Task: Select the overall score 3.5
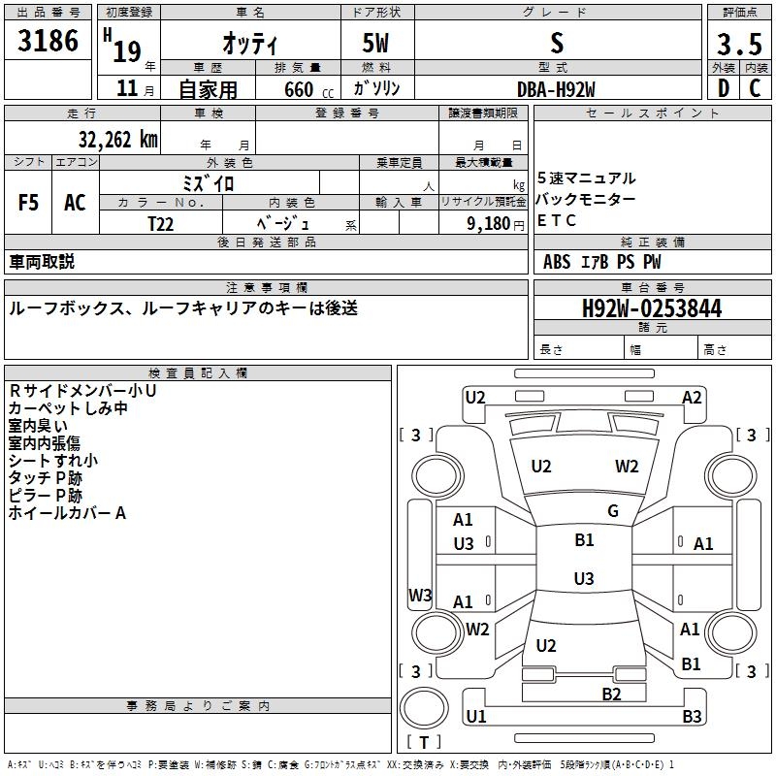737,44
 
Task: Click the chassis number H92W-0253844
652,308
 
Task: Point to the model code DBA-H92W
556,88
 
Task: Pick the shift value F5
29,203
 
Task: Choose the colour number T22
161,223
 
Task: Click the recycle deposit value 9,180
490,223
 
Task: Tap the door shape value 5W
377,44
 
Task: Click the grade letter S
556,44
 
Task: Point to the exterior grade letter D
723,88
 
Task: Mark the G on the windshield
612,511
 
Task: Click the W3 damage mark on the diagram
420,595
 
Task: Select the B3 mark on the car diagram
692,717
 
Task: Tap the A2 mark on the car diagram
692,397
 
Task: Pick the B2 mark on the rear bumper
611,694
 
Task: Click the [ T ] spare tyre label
424,742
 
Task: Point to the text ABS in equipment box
557,262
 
